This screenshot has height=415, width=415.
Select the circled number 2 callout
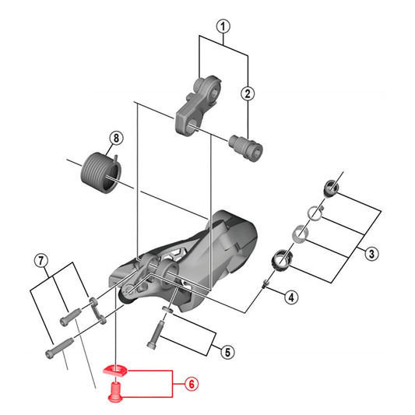point(248,93)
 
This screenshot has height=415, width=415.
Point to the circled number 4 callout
point(290,297)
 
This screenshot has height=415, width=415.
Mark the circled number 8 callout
point(116,139)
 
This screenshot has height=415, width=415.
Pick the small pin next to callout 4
point(267,284)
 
